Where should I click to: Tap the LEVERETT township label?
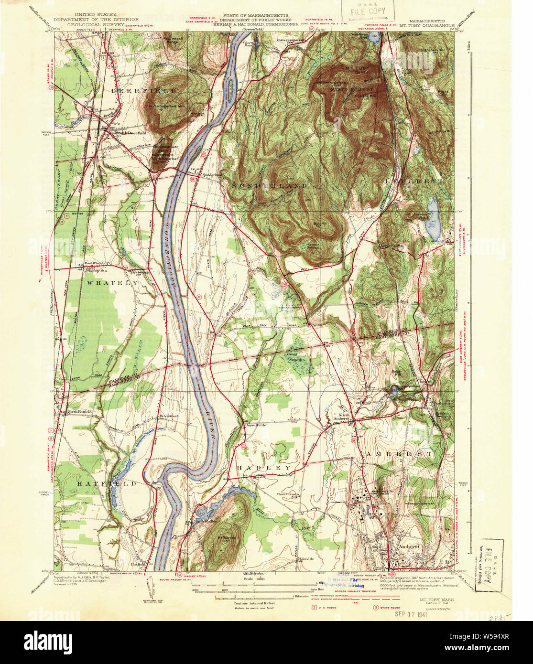tap(414, 182)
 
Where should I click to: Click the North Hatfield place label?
tap(79, 412)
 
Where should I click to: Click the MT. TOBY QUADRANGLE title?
tap(426, 26)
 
